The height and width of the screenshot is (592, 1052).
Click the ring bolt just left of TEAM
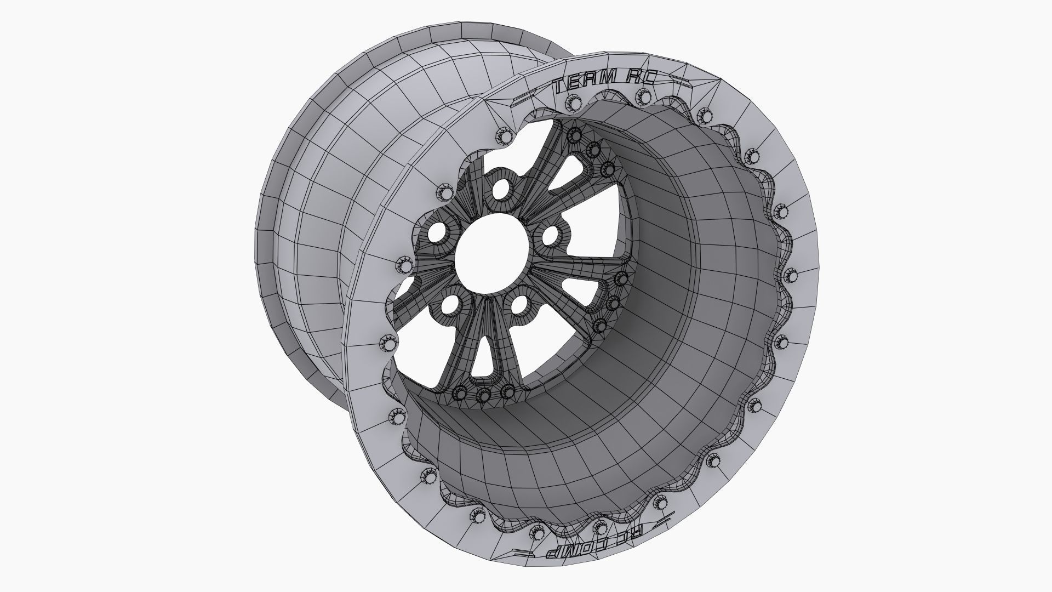pos(574,103)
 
